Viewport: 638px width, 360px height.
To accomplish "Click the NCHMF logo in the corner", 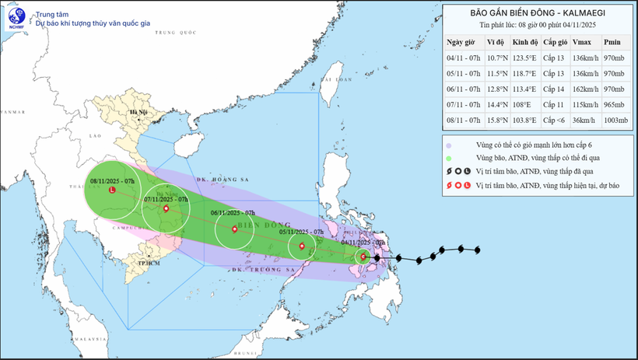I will pyautogui.click(x=16, y=18).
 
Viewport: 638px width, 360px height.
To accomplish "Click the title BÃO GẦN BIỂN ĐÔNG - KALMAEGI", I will pyautogui.click(x=538, y=12).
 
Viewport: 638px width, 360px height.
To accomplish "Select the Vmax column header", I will pyautogui.click(x=580, y=42).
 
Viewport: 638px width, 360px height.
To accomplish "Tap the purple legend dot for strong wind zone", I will pyautogui.click(x=449, y=145).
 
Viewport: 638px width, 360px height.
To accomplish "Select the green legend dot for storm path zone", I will pyautogui.click(x=449, y=159).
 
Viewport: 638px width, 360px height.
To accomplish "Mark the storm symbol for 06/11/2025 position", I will pyautogui.click(x=235, y=229).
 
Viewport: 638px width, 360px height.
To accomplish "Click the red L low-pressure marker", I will pyautogui.click(x=112, y=190).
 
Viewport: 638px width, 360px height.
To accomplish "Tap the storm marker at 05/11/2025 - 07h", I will pyautogui.click(x=301, y=248).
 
